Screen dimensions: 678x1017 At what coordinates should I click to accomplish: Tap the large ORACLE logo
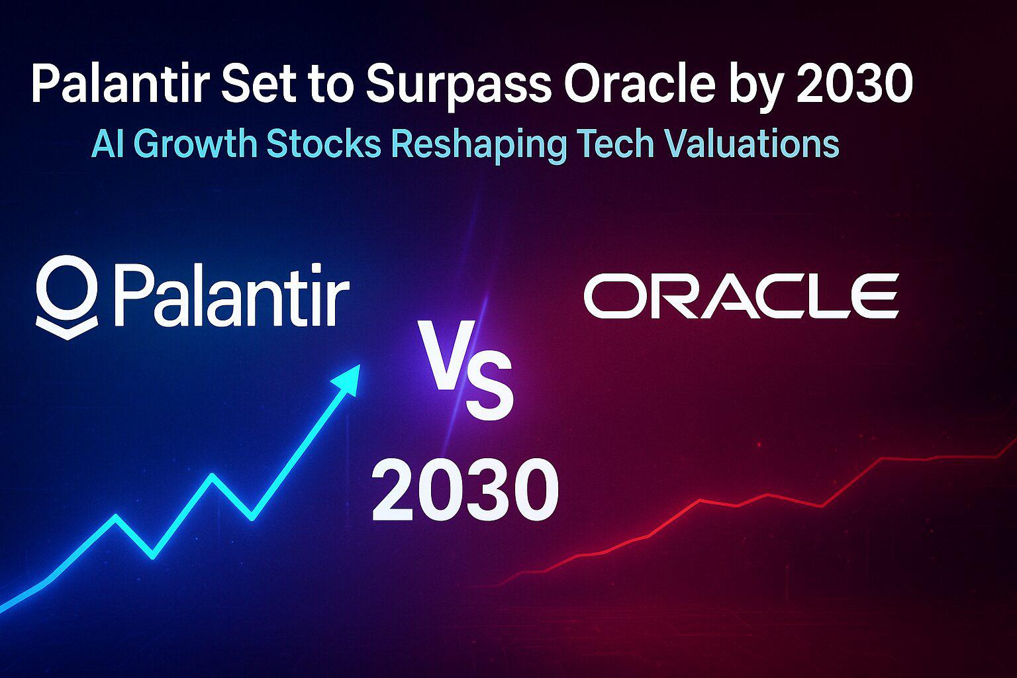(741, 296)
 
